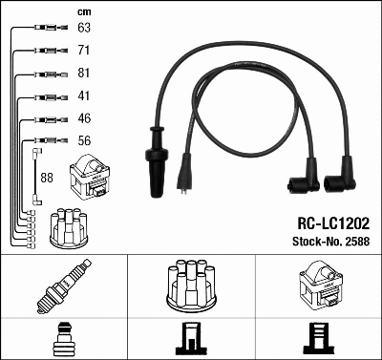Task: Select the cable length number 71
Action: (x=84, y=50)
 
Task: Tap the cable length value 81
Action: (x=84, y=73)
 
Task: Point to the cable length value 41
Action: (x=84, y=96)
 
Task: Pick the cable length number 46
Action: (x=84, y=119)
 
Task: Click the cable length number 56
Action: (x=84, y=142)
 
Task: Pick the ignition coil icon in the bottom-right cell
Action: (x=318, y=284)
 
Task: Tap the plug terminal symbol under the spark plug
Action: (x=63, y=338)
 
